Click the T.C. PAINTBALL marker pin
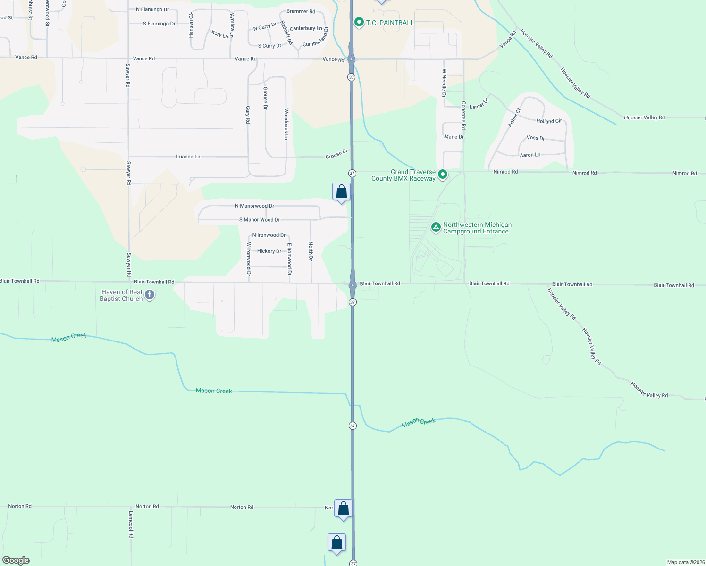(x=359, y=22)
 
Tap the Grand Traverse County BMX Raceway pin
(x=443, y=175)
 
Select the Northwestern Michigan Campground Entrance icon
(x=436, y=228)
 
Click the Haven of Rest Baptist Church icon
(x=150, y=295)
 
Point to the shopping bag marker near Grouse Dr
(x=341, y=192)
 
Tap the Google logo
(x=16, y=560)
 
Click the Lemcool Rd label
(x=131, y=524)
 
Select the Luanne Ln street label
(x=188, y=157)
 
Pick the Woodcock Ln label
(x=286, y=124)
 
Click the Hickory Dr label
(x=269, y=251)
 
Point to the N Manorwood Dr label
(x=254, y=206)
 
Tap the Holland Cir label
(x=549, y=121)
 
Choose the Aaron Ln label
(x=530, y=155)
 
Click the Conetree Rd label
(x=463, y=116)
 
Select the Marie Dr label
(x=454, y=137)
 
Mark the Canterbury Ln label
(x=306, y=29)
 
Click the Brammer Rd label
(x=301, y=11)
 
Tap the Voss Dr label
(x=536, y=138)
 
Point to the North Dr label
(x=311, y=251)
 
